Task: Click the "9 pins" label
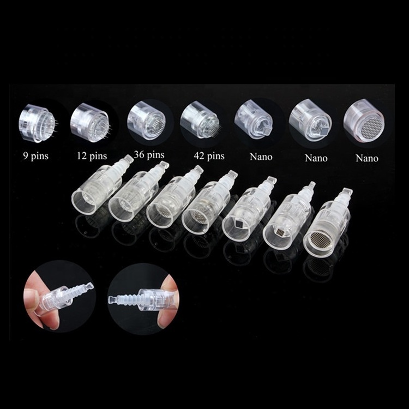(36, 157)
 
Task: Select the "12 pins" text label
(92, 156)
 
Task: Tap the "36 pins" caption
(149, 155)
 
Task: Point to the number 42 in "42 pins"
(199, 156)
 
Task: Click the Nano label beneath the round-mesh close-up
(367, 158)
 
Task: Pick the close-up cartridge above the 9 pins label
(37, 123)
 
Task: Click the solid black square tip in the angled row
(239, 224)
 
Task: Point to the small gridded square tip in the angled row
(280, 232)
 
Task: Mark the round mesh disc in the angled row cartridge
(322, 239)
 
